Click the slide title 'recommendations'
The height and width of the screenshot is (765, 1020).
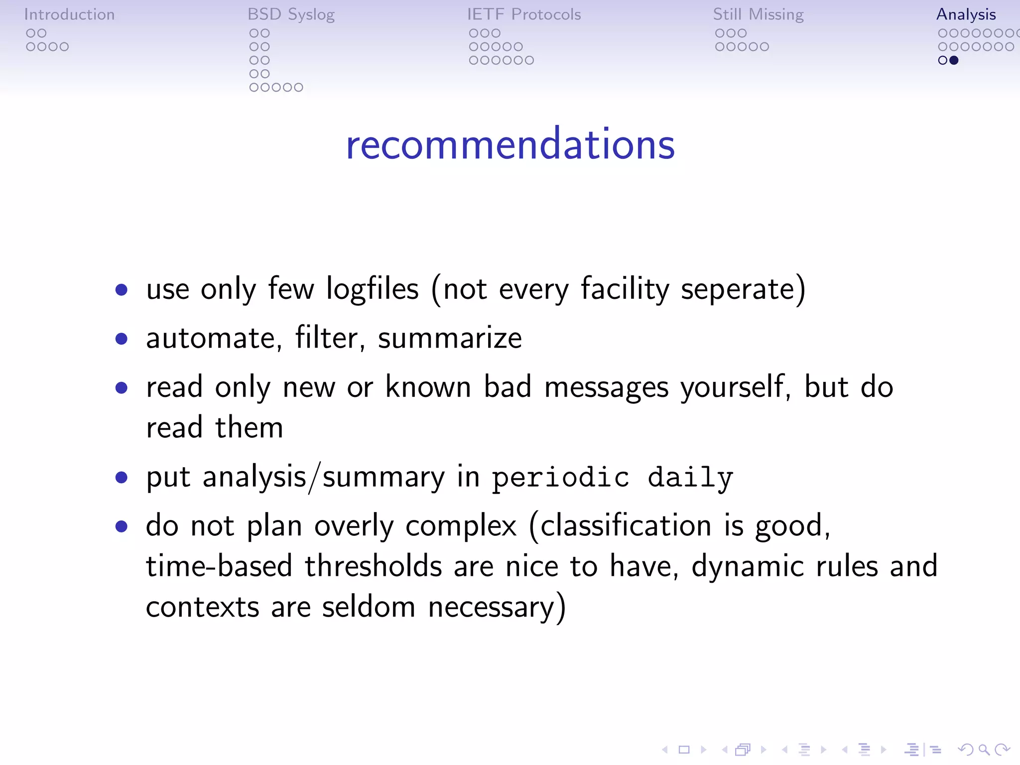[x=510, y=144]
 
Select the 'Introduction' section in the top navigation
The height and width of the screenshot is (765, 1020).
[x=69, y=14]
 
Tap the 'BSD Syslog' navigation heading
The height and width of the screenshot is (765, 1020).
[x=291, y=14]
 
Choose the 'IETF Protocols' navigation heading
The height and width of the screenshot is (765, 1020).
[x=524, y=14]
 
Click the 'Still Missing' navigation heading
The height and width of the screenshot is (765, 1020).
[x=758, y=14]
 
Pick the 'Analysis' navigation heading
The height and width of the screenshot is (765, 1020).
[x=966, y=14]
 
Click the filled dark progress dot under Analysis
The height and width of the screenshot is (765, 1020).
[x=954, y=60]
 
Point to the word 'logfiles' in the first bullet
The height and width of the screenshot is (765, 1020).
[x=372, y=289]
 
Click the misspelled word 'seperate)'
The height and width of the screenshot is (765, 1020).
[x=743, y=290]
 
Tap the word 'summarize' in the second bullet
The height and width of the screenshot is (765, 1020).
[x=450, y=338]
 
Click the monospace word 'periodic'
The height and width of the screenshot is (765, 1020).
[x=561, y=478]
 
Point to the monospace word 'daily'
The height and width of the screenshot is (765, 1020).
[x=690, y=478]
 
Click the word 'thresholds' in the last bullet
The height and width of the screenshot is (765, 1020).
[x=374, y=566]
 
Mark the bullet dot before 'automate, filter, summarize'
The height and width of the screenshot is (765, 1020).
[x=121, y=339]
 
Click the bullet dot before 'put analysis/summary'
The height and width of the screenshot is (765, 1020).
[x=121, y=478]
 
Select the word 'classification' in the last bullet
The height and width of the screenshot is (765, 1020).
[x=626, y=526]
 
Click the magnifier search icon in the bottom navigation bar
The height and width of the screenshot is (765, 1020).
[x=983, y=750]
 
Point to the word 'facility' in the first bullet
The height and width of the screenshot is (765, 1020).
[x=625, y=289]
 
